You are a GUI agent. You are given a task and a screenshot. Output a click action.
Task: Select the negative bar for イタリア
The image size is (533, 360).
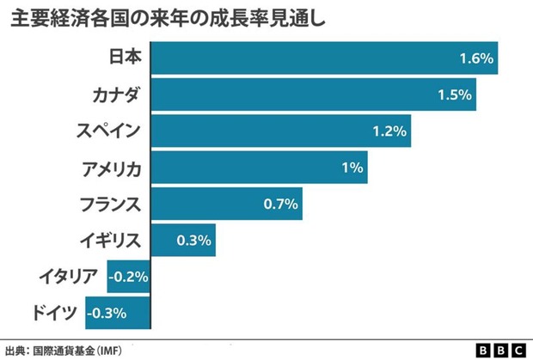pyautogui.click(x=129, y=277)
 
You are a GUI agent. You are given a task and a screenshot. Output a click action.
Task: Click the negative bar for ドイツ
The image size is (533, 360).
pyautogui.click(x=119, y=313)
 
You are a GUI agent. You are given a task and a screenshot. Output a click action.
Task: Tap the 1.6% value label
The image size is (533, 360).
pyautogui.click(x=475, y=59)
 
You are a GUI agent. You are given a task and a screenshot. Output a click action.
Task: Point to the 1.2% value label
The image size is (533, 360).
pyautogui.click(x=389, y=131)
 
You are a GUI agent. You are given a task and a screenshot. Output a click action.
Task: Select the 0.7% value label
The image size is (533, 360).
pyautogui.click(x=279, y=204)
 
